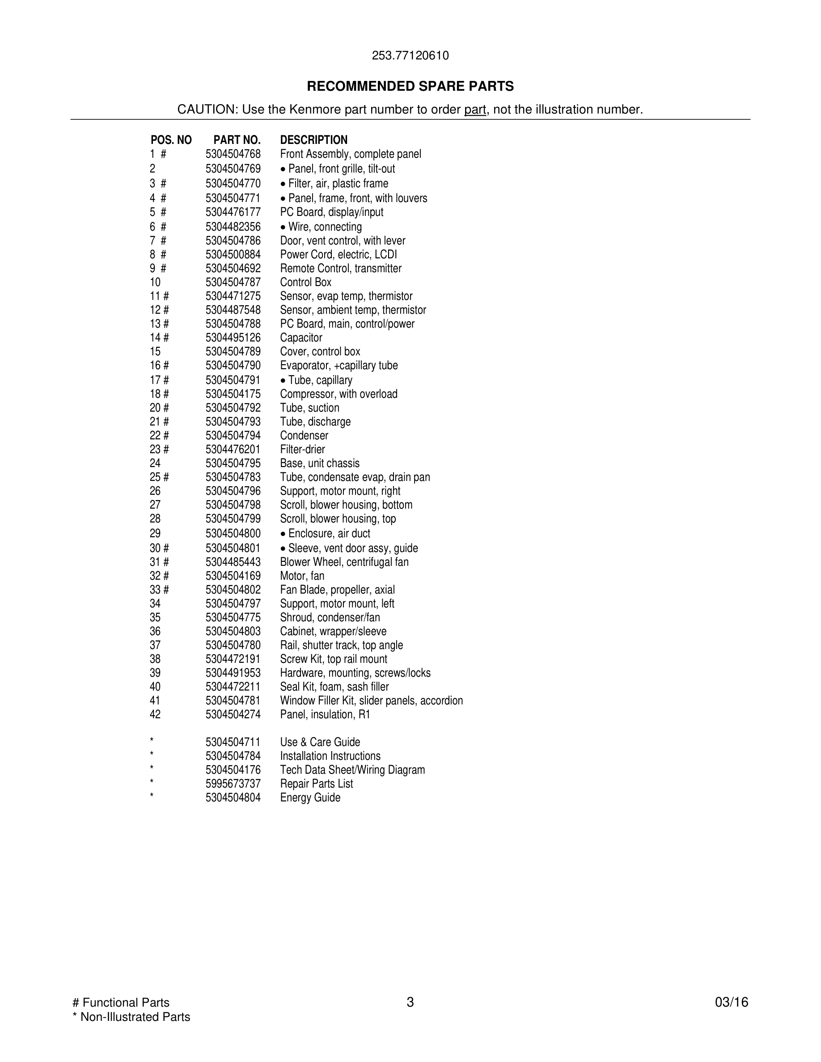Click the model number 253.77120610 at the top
pos(410,55)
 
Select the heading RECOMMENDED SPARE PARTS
pos(410,86)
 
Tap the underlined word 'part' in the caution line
pos(475,110)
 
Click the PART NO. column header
pos(237,140)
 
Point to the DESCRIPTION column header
pos(314,140)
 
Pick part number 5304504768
pos(233,154)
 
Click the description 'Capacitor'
pos(301,337)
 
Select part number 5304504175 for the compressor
pos(233,394)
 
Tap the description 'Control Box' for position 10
pos(305,282)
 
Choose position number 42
pos(155,714)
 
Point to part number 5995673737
pos(233,784)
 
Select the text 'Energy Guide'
pos(310,797)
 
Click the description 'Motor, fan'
pos(302,576)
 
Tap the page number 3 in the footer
pos(410,1002)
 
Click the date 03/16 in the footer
pos(732,1002)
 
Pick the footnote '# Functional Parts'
pos(121,1002)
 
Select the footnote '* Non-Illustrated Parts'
pos(131,1017)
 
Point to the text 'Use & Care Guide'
pos(320,742)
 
